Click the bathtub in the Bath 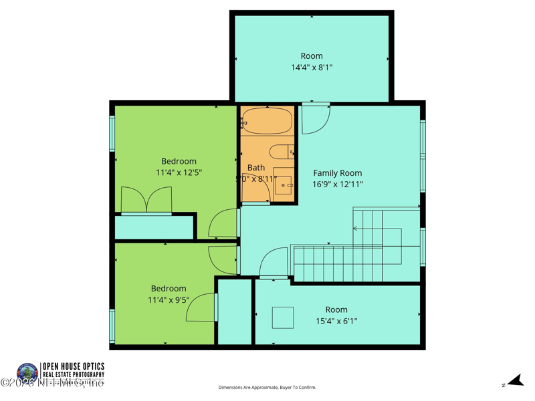click(x=267, y=122)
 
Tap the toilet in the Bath click(x=282, y=152)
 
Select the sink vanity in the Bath click(x=284, y=181)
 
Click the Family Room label click(x=338, y=173)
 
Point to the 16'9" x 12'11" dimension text click(x=338, y=184)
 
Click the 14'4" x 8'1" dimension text click(x=312, y=68)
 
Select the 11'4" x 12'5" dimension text click(x=179, y=172)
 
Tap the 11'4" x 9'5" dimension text click(x=169, y=300)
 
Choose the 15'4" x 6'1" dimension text click(x=336, y=321)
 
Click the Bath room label click(x=256, y=168)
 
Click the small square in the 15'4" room click(x=283, y=317)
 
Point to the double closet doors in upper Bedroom click(x=146, y=200)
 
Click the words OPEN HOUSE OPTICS click(x=73, y=366)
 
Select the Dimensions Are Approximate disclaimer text click(x=267, y=388)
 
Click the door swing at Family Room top click(x=315, y=118)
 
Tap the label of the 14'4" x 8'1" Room click(x=312, y=56)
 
